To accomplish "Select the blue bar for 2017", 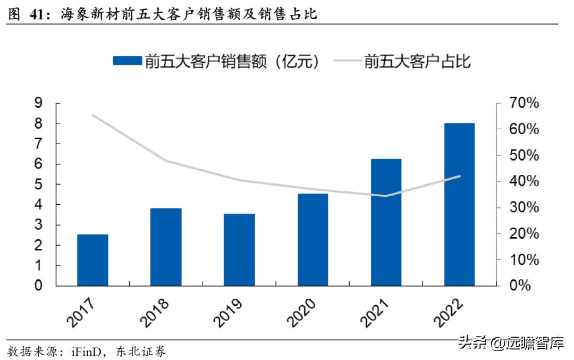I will point(92,261).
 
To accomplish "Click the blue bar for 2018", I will point(166,247).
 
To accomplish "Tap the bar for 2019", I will point(239,250).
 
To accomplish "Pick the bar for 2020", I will point(313,240).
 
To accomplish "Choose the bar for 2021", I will point(386,222).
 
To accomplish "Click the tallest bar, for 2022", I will point(459,205).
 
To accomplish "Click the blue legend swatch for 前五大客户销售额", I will point(127,61).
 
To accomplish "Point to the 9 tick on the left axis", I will point(38,103).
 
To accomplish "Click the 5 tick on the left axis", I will point(38,185).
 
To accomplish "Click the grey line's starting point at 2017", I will point(92,115).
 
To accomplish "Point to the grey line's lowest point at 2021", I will point(386,196).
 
